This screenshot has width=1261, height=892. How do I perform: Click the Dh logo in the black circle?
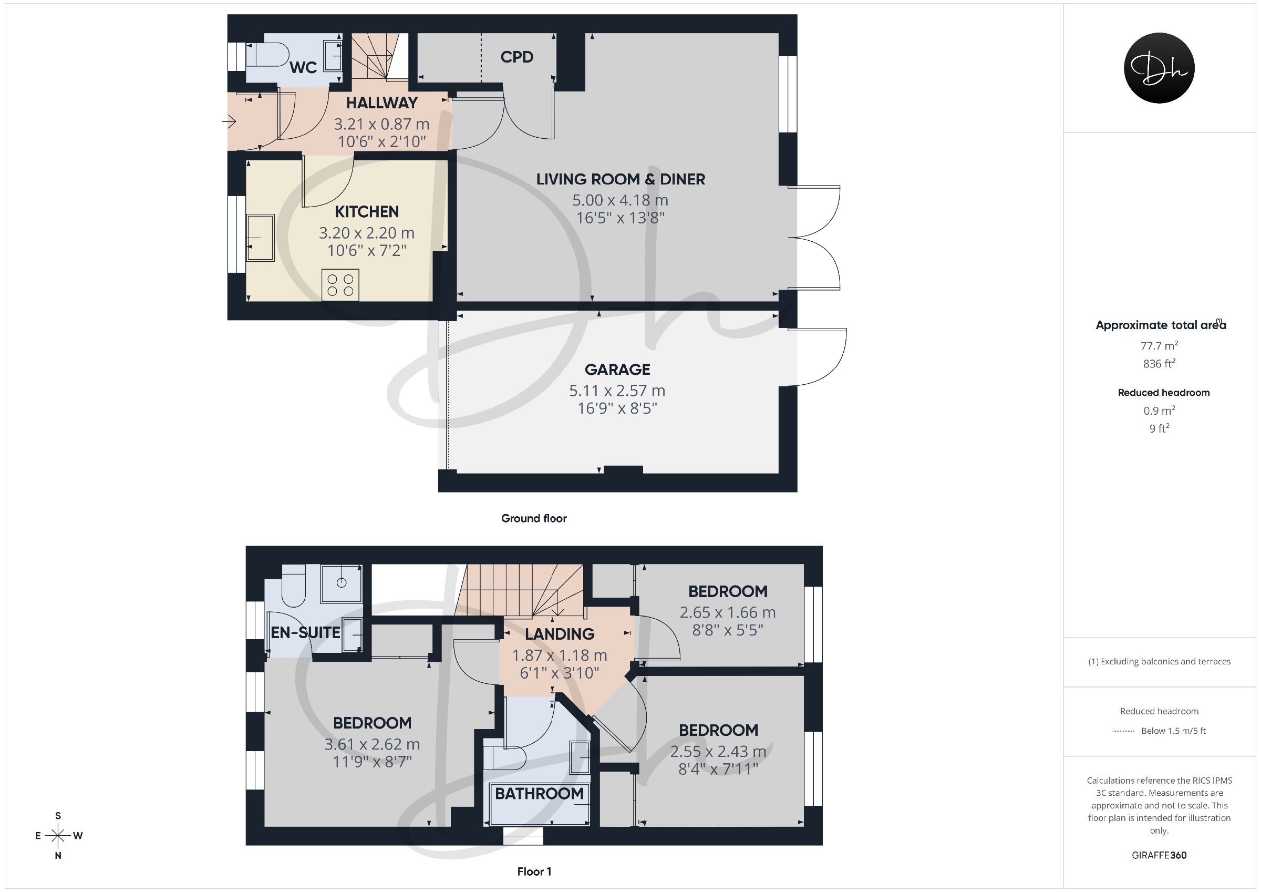1159,68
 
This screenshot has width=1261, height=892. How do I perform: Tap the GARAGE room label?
617,370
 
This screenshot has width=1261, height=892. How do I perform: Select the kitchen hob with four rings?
340,285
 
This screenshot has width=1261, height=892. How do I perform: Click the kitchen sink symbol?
260,238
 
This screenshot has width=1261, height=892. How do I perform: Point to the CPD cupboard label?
517,57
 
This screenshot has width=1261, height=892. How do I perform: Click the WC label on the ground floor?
303,67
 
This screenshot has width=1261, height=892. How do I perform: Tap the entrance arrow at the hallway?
229,121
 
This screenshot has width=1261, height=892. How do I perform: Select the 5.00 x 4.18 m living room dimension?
620,200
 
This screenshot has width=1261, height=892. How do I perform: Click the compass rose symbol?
58,835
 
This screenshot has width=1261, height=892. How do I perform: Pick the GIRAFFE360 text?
1159,855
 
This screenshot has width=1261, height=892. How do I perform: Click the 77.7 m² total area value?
1159,345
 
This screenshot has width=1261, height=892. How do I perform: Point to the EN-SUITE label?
305,632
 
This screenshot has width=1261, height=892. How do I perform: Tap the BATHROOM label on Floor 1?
539,794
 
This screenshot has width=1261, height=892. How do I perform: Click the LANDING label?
559,634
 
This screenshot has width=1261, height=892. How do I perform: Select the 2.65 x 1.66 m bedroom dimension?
727,612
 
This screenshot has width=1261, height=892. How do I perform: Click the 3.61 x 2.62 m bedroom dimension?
372,744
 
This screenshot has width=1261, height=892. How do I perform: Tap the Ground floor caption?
534,518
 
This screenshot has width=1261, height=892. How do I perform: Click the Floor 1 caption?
534,872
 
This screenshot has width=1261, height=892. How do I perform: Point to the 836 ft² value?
1159,363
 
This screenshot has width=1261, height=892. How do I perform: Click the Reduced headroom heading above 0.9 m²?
1164,393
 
